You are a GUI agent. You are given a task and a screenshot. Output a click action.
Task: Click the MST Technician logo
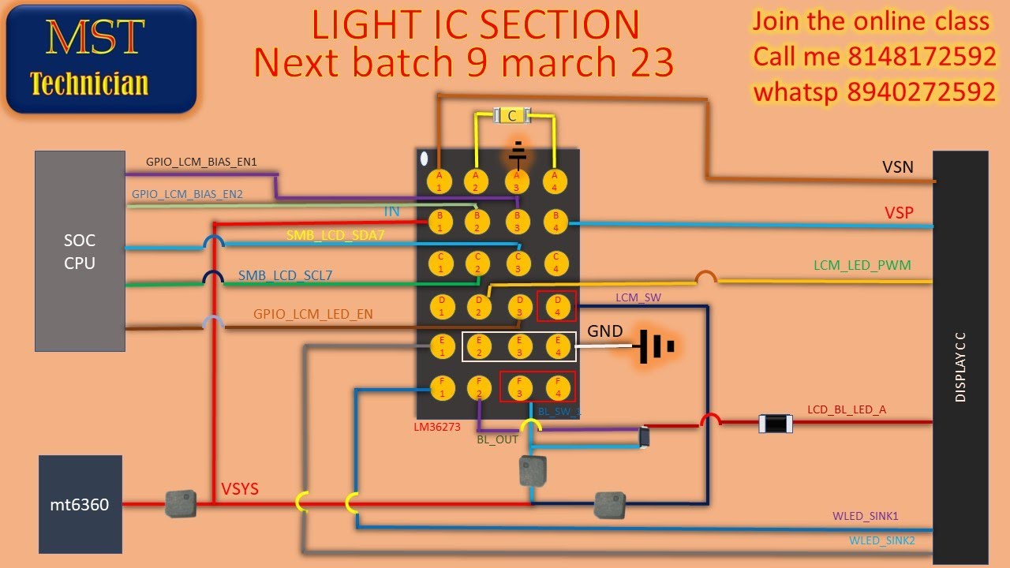[101, 58]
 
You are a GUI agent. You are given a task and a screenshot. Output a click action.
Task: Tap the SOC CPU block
[80, 251]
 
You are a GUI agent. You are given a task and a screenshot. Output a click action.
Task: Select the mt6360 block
[80, 503]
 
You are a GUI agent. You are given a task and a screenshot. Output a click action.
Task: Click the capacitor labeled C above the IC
[512, 116]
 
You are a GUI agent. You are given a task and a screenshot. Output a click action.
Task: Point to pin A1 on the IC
[440, 181]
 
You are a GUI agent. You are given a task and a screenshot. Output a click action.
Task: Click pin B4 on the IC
[555, 221]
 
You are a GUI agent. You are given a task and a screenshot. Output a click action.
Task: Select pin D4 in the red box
[556, 305]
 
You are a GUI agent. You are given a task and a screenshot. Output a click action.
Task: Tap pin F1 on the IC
[442, 387]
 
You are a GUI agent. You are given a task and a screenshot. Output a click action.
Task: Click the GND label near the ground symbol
[605, 331]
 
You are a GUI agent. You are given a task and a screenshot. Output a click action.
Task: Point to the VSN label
[897, 166]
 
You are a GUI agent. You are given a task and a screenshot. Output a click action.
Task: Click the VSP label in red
[899, 212]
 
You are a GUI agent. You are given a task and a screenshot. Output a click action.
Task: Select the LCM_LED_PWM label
[862, 266]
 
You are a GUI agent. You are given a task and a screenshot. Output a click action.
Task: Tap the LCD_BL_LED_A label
[846, 409]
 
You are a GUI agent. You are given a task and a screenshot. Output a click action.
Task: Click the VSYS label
[239, 489]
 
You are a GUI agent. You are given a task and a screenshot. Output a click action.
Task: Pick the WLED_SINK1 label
[865, 516]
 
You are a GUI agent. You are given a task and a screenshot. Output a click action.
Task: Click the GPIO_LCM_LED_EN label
[312, 314]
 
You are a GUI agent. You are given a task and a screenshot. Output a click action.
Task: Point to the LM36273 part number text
[437, 427]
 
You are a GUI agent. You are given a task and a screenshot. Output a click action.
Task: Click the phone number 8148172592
[922, 57]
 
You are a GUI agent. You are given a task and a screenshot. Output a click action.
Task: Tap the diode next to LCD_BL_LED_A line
[774, 424]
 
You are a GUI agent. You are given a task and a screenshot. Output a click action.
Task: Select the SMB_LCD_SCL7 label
[285, 275]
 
